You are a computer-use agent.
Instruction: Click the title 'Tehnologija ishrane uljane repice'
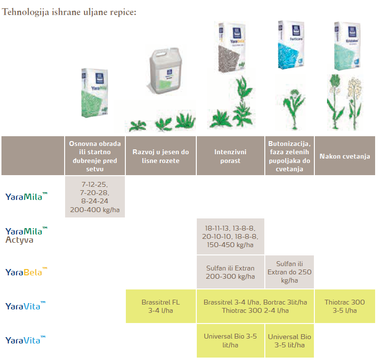pos(69,11)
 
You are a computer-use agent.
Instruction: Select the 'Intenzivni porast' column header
pos(230,156)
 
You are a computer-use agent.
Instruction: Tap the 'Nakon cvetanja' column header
pos(345,156)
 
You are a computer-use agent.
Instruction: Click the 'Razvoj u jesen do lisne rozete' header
pos(161,156)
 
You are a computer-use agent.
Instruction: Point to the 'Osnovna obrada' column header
pos(95,156)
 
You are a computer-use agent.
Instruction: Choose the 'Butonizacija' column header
pos(290,156)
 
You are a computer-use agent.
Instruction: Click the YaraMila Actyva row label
pos(27,234)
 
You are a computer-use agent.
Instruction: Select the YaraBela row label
pos(27,271)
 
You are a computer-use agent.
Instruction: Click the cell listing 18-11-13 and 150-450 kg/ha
pos(230,236)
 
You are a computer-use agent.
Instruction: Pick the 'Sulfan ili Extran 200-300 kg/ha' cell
pos(230,272)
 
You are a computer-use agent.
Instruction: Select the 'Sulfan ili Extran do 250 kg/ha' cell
pos(290,272)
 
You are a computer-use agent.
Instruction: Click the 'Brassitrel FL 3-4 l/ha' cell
pos(161,306)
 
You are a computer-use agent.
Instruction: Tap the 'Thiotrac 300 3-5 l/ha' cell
pos(345,306)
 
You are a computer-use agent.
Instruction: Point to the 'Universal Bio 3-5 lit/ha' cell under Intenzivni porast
pos(230,340)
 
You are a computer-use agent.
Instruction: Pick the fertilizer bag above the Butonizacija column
pos(290,46)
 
